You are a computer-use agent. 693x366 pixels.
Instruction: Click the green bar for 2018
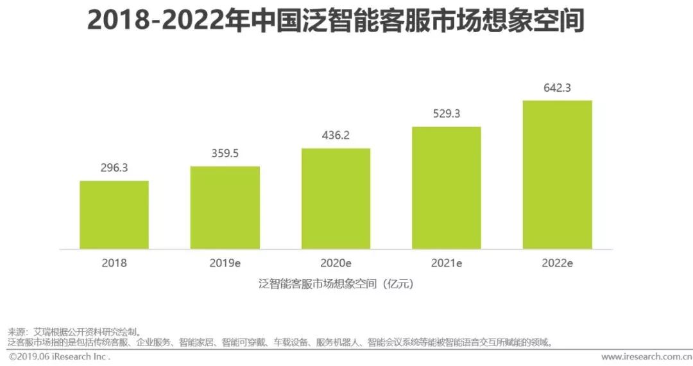114,215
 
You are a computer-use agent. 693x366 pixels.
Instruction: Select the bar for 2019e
225,207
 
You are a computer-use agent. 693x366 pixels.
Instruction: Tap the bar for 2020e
336,198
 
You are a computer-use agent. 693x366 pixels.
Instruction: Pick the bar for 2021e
447,187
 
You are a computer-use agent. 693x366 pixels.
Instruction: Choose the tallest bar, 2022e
557,175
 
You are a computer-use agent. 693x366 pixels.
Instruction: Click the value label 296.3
114,168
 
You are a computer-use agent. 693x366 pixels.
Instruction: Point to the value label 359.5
225,153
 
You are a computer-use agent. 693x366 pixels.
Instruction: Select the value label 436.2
336,135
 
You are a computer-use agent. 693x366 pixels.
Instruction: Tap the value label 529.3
447,114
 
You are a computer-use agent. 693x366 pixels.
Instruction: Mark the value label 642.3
557,88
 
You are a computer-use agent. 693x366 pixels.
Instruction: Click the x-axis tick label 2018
114,263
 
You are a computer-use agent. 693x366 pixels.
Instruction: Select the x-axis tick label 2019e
225,263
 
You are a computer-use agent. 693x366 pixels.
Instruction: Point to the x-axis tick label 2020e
336,263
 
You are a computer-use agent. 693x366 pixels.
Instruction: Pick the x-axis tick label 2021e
447,263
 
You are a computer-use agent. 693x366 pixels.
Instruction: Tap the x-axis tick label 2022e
557,263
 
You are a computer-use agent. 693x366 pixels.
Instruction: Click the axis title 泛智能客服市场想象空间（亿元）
336,283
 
